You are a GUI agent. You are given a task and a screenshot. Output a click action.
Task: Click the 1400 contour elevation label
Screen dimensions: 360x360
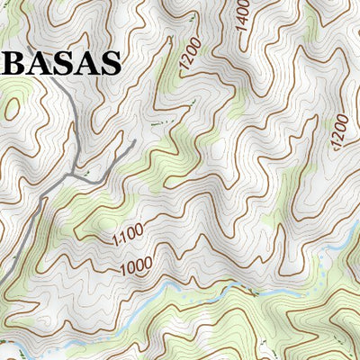(x=243, y=19)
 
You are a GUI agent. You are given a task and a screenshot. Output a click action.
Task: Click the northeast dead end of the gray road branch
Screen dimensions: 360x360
(x=133, y=142)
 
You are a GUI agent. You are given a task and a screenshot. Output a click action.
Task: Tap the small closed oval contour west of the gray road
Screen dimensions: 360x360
(x=11, y=109)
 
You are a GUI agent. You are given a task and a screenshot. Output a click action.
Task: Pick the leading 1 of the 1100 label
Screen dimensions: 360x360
(x=116, y=241)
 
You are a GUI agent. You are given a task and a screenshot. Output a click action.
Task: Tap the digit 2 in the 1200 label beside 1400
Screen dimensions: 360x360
(x=185, y=61)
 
